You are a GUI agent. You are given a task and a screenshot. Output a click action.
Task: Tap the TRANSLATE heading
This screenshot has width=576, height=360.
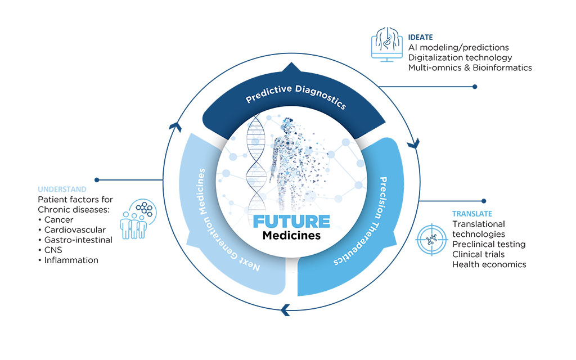[472, 214]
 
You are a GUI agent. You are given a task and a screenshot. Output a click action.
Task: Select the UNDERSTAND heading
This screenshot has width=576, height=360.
[62, 190]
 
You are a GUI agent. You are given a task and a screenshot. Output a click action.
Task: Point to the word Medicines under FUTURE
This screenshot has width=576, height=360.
[291, 235]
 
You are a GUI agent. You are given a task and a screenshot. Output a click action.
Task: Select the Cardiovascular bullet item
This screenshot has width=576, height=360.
[71, 229]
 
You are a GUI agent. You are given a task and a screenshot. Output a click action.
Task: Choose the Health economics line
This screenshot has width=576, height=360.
[489, 264]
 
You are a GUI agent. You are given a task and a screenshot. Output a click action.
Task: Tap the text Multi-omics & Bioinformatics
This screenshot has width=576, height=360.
[470, 67]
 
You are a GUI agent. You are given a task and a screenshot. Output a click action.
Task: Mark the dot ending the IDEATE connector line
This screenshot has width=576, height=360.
[475, 87]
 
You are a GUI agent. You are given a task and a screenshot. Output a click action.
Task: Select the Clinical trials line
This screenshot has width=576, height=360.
[478, 254]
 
